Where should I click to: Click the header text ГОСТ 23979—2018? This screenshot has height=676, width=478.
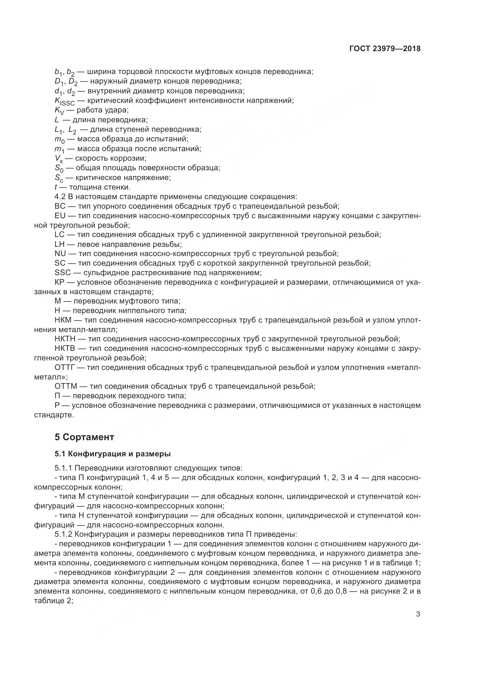coord(385,49)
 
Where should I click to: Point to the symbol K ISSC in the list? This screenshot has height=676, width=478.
coord(64,101)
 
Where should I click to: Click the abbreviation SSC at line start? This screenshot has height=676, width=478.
coord(62,272)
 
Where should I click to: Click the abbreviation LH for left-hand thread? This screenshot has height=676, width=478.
coord(60,244)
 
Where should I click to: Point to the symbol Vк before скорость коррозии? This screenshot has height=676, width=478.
coord(59,159)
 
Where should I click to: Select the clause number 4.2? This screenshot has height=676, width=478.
coord(60,197)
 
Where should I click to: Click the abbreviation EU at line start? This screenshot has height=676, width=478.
coord(60,216)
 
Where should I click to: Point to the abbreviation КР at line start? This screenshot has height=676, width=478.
coord(60,282)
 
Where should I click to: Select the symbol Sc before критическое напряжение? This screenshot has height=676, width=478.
coord(59,178)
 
